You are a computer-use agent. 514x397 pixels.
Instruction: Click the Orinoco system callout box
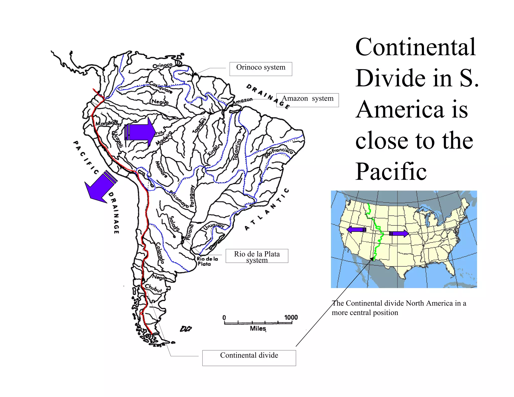pos(261,69)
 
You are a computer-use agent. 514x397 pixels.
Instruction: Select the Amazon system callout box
pos(307,100)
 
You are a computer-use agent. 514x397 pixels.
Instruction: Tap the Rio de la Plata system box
pos(257,256)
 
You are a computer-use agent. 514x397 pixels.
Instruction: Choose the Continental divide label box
pos(249,358)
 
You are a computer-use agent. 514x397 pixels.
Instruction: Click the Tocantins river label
pos(237,150)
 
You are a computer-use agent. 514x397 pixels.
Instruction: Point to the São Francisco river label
pos(279,152)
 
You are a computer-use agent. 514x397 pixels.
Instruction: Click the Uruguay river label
pos(214,226)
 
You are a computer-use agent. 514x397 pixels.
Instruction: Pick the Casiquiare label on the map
pos(161,87)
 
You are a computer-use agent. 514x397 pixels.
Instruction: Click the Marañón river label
pos(106,123)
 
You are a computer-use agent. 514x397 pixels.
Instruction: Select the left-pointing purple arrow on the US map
pos(356,229)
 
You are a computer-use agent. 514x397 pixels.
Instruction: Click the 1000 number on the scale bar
pos(291,317)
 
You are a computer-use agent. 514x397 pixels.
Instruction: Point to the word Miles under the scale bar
pos(258,328)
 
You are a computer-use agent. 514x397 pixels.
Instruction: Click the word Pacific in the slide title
pos(391,172)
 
